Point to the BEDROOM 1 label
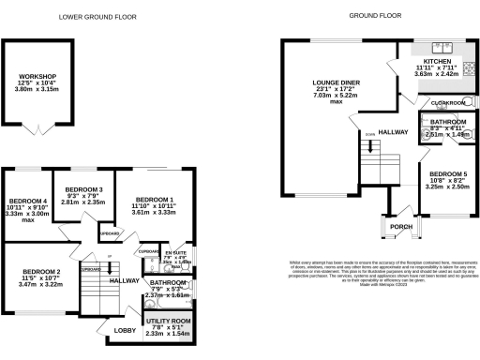pyautogui.click(x=155, y=199)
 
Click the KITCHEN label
pyautogui.click(x=437, y=59)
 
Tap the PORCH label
pyautogui.click(x=401, y=226)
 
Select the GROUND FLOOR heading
pyautogui.click(x=376, y=16)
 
